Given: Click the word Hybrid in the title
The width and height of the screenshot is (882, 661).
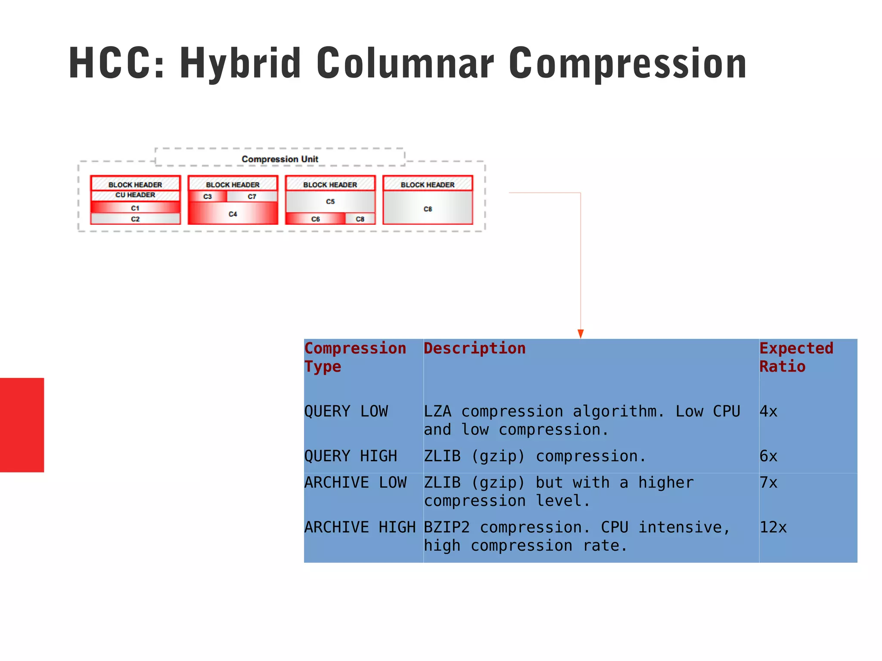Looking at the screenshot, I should (240, 63).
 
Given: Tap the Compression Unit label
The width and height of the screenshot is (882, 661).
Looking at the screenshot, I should (280, 159).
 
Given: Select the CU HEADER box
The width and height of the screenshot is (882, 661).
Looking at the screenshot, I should (135, 195).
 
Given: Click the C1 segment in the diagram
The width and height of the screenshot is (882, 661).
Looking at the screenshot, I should (135, 208).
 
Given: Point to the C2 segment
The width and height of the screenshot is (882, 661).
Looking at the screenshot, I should (135, 219).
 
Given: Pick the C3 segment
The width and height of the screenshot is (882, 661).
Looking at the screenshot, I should (208, 196).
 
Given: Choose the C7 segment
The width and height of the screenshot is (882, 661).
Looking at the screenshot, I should (252, 196).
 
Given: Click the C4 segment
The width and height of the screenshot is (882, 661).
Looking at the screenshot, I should (233, 214).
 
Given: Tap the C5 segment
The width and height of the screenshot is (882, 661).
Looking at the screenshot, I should (330, 202).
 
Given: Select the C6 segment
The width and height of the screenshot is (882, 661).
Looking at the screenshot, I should (316, 219).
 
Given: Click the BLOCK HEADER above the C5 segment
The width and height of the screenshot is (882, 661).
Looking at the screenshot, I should (330, 185).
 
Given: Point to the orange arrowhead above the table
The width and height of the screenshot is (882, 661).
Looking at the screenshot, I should (581, 334).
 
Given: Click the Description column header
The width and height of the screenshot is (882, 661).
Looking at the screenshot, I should (475, 348).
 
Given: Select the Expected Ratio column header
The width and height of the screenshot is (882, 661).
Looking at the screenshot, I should (796, 357).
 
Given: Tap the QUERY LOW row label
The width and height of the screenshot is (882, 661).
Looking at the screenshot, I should (346, 411).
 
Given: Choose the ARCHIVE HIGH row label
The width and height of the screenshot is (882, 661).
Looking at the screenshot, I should (360, 527).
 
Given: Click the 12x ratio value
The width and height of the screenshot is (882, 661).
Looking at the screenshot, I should (773, 527).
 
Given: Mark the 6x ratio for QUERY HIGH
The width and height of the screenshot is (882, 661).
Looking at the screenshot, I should (768, 456).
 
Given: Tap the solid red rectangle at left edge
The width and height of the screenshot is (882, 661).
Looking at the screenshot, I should (22, 425).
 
